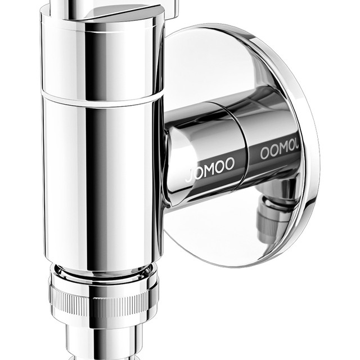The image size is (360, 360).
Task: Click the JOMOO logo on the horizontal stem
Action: (210, 169)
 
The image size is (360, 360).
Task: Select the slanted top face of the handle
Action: (124, 14)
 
